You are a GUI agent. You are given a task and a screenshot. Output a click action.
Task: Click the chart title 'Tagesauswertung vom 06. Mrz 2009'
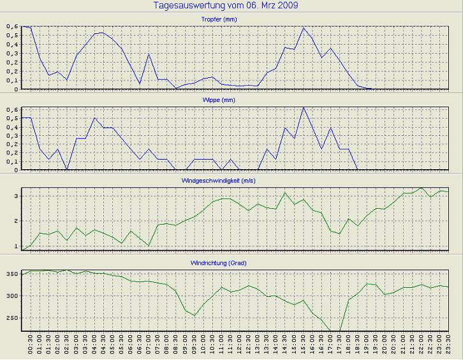tap(226, 5)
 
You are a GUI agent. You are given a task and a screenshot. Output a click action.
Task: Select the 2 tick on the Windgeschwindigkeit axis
tap(17, 221)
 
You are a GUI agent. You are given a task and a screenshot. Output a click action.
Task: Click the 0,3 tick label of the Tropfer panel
tap(12, 54)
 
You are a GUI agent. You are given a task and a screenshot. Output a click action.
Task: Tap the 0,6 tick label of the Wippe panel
tap(12, 110)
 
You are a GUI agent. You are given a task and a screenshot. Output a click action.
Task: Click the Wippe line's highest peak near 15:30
tap(303, 108)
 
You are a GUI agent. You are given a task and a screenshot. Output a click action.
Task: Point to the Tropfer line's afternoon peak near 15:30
tap(303, 28)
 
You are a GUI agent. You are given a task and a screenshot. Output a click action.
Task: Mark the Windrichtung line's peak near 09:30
tap(195, 315)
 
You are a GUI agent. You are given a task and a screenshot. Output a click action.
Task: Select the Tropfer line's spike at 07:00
tap(149, 54)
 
